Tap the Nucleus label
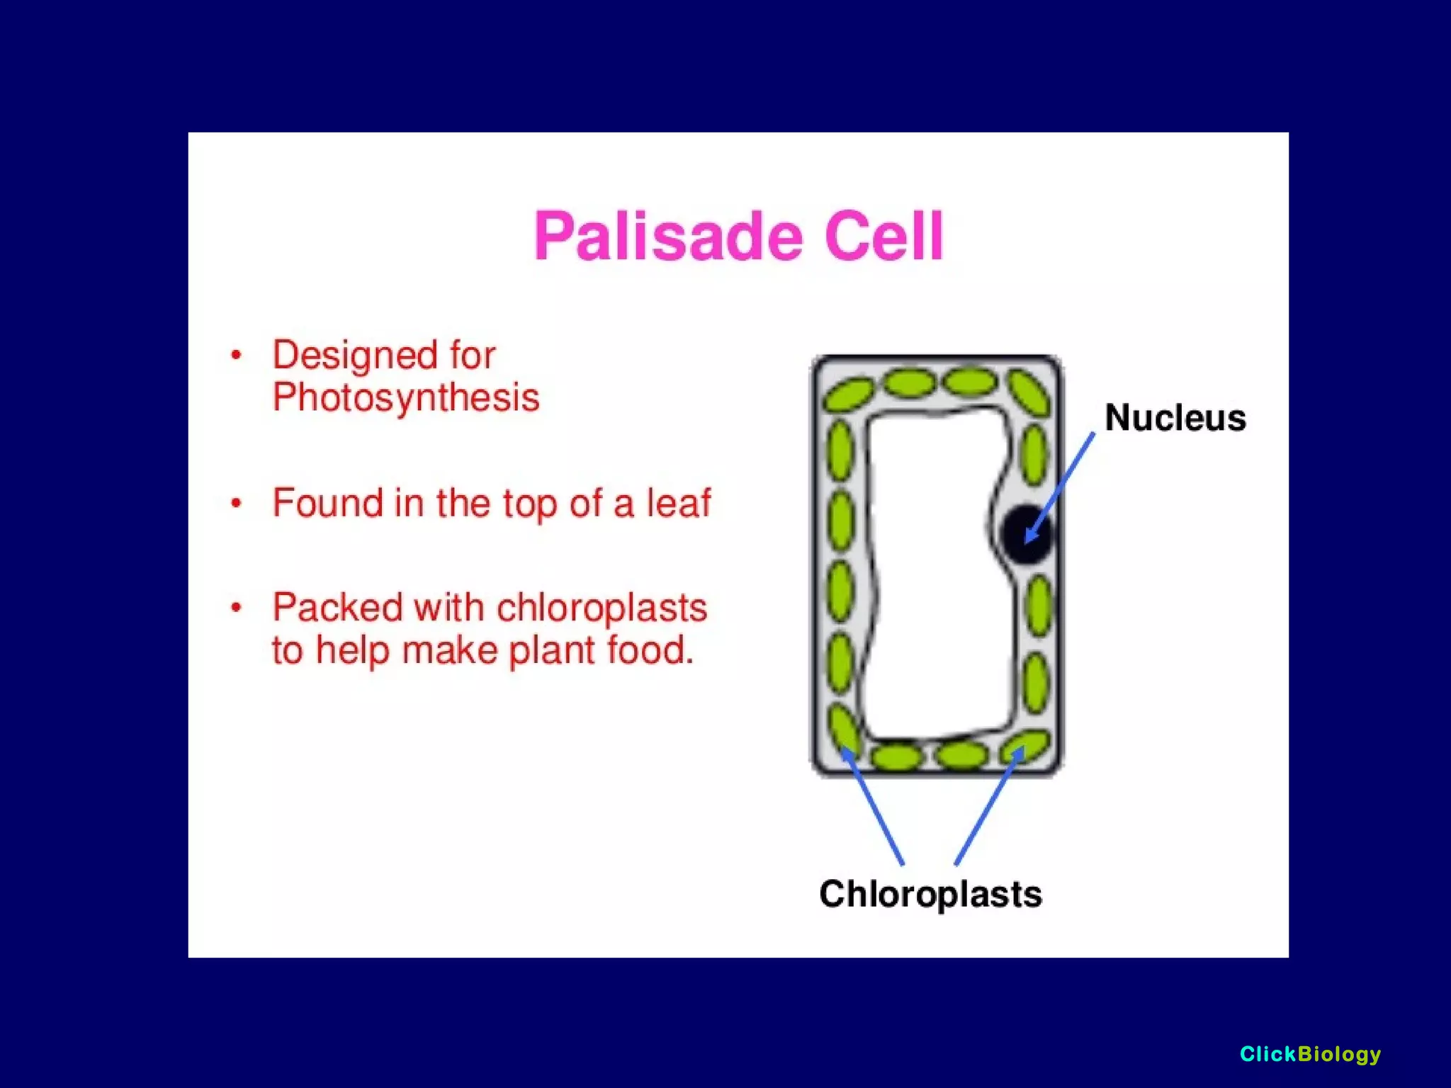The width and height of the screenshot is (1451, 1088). (1175, 418)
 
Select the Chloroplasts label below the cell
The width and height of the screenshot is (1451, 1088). (930, 894)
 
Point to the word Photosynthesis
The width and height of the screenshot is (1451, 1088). (406, 397)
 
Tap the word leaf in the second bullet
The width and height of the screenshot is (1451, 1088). (677, 504)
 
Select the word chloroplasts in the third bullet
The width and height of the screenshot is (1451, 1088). (602, 608)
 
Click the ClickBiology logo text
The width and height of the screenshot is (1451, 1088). (1310, 1054)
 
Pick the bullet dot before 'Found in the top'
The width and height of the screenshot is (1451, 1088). (237, 504)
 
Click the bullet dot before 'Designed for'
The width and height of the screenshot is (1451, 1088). (237, 355)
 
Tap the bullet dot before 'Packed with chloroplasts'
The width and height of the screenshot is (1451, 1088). (237, 608)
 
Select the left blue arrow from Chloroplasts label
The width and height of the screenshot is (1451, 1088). (873, 807)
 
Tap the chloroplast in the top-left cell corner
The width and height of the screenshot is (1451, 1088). (847, 394)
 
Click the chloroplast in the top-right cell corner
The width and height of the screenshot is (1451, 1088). (1029, 392)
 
